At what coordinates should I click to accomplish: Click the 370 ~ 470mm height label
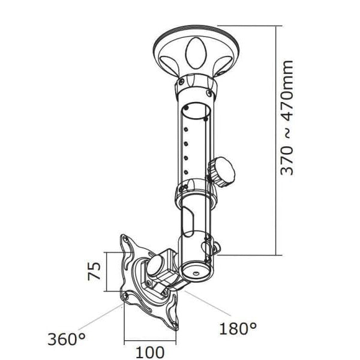click(x=287, y=118)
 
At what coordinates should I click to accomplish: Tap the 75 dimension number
click(x=94, y=271)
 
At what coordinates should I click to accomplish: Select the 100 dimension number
click(x=150, y=352)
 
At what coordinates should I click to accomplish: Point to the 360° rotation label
click(x=67, y=339)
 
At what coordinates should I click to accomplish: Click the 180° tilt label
click(x=238, y=329)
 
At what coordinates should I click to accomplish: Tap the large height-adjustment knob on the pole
click(x=222, y=172)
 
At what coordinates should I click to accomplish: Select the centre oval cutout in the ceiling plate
click(x=196, y=53)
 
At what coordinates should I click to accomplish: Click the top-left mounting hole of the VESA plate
click(x=126, y=239)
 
